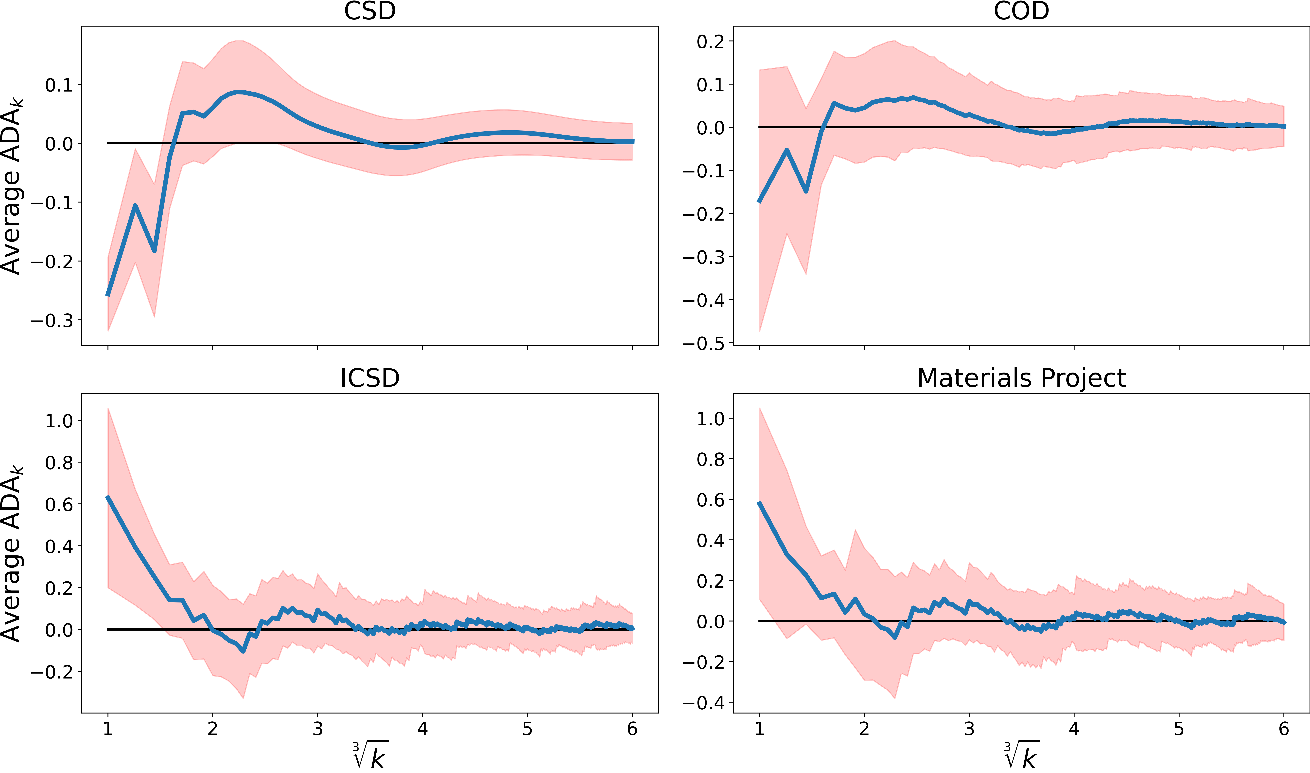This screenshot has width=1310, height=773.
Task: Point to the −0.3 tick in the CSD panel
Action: coord(52,320)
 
